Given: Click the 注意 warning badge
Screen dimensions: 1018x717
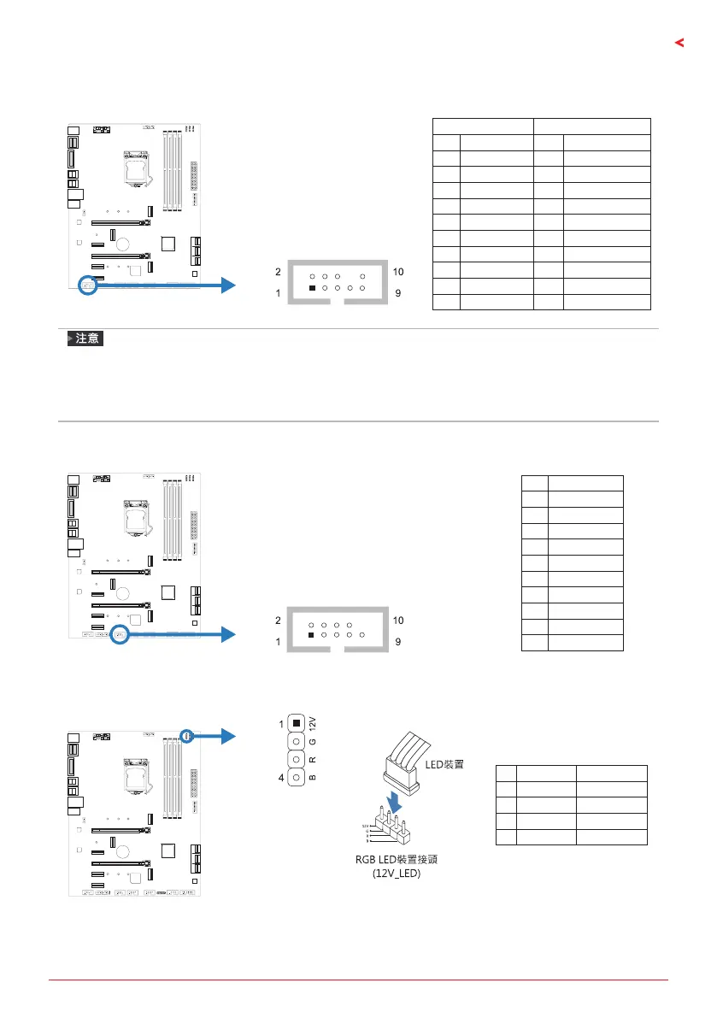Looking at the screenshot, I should click(85, 340).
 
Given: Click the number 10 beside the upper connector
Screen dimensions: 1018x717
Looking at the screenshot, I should click(398, 272).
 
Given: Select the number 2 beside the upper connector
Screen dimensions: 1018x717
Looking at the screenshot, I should click(279, 272).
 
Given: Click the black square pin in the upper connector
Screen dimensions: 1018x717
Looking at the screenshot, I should click(312, 289).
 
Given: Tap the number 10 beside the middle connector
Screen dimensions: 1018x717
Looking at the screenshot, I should click(398, 619).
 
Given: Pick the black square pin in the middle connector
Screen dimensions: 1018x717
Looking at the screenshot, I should click(312, 636).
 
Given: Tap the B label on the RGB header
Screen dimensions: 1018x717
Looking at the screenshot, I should click(312, 778).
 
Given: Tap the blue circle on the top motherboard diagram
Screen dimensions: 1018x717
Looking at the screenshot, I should click(88, 284).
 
